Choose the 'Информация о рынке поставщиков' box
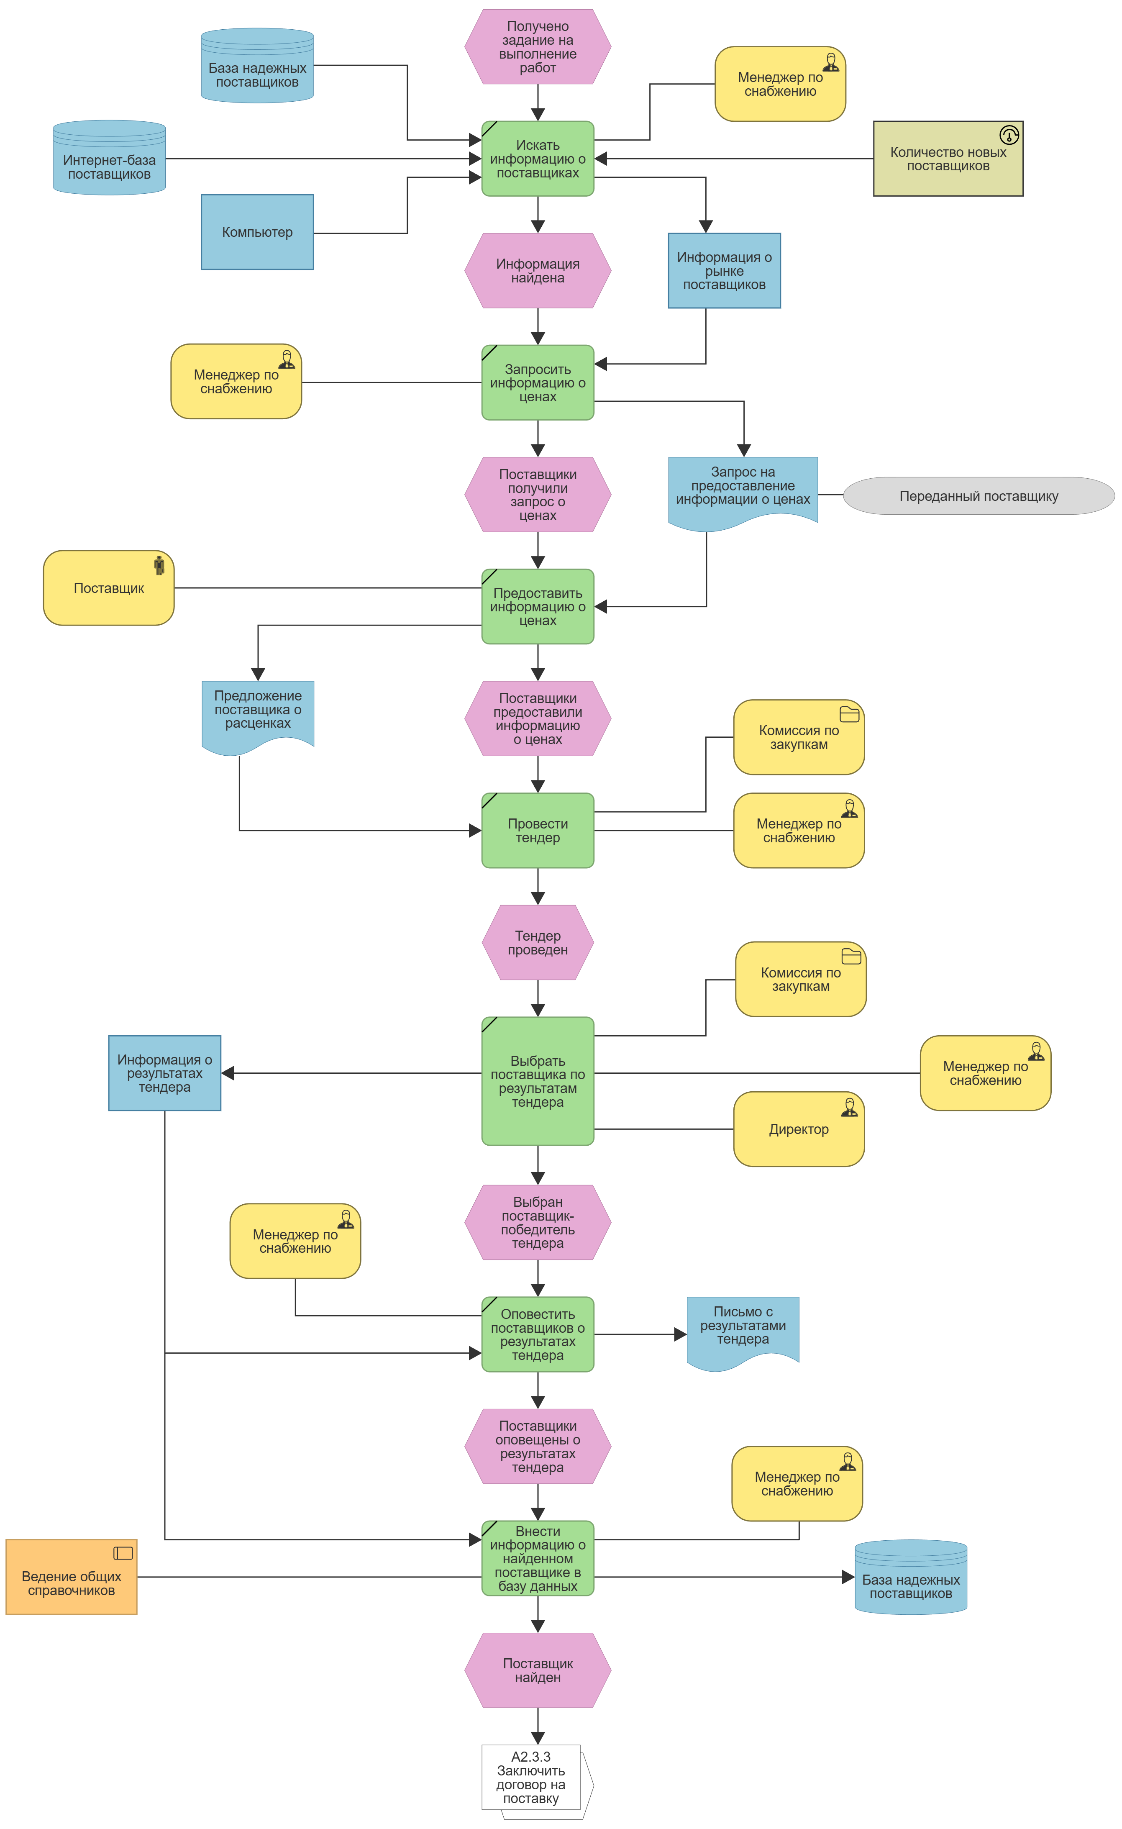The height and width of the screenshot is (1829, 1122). (x=724, y=271)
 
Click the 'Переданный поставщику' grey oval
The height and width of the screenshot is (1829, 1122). (x=979, y=496)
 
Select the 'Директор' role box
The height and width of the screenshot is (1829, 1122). (x=799, y=1129)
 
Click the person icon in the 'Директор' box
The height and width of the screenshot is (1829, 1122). (x=850, y=1108)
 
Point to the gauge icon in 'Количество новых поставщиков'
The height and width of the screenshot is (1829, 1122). (x=1009, y=135)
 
